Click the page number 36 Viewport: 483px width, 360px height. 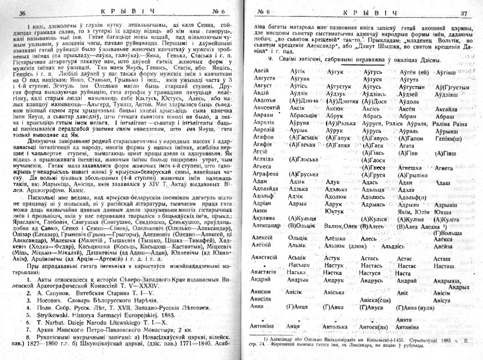(22, 13)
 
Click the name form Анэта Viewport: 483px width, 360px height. (404, 319)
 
